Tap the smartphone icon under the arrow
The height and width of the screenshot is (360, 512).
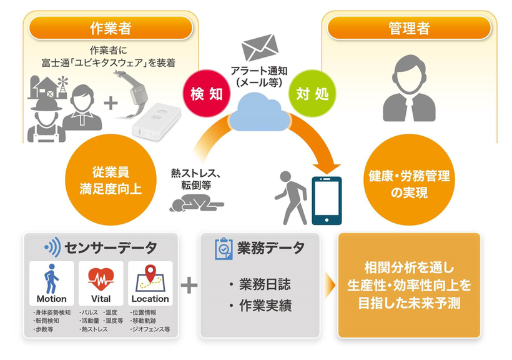pos(326,200)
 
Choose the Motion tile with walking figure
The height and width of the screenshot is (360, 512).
pos(52,283)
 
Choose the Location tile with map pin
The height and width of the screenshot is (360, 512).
pos(150,283)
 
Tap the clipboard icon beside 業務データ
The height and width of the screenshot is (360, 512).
pos(223,248)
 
